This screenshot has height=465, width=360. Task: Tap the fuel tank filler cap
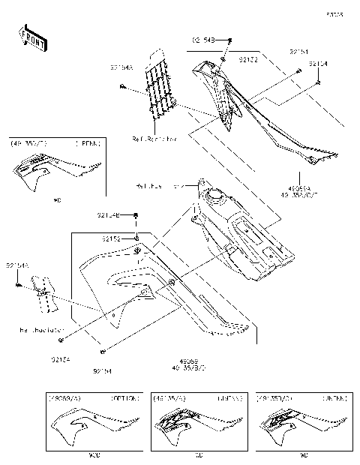click(x=218, y=197)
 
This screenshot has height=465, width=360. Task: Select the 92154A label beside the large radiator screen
click(x=121, y=68)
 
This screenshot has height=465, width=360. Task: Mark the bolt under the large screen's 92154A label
click(x=121, y=88)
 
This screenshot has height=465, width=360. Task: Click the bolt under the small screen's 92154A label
click(x=16, y=285)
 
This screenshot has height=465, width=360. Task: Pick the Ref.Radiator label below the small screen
click(x=42, y=329)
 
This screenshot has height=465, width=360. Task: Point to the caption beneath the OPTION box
click(x=94, y=455)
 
